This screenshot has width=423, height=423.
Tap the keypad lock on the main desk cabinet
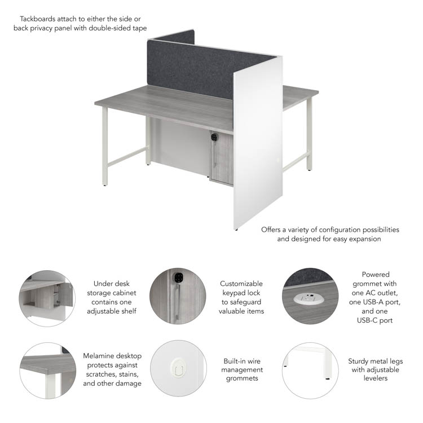214,137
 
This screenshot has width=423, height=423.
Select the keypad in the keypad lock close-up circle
178,278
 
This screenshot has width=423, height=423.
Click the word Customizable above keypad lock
241,284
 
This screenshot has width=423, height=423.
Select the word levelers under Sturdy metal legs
375,378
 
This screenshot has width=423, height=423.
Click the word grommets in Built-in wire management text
242,378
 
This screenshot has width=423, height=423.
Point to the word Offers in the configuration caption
271,230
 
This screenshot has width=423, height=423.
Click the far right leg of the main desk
309,134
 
